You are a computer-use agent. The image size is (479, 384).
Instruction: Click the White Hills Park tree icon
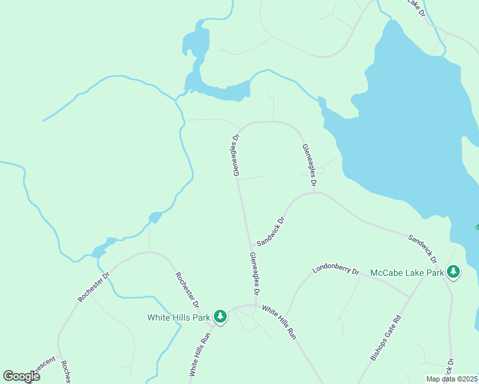(220, 317)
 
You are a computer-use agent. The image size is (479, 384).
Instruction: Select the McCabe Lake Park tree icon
(453, 273)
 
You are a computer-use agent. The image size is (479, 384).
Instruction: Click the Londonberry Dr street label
(336, 270)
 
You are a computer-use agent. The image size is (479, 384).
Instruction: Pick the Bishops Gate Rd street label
(386, 337)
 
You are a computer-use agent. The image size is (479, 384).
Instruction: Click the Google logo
(21, 376)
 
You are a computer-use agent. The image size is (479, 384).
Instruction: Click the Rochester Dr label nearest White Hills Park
(187, 289)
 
